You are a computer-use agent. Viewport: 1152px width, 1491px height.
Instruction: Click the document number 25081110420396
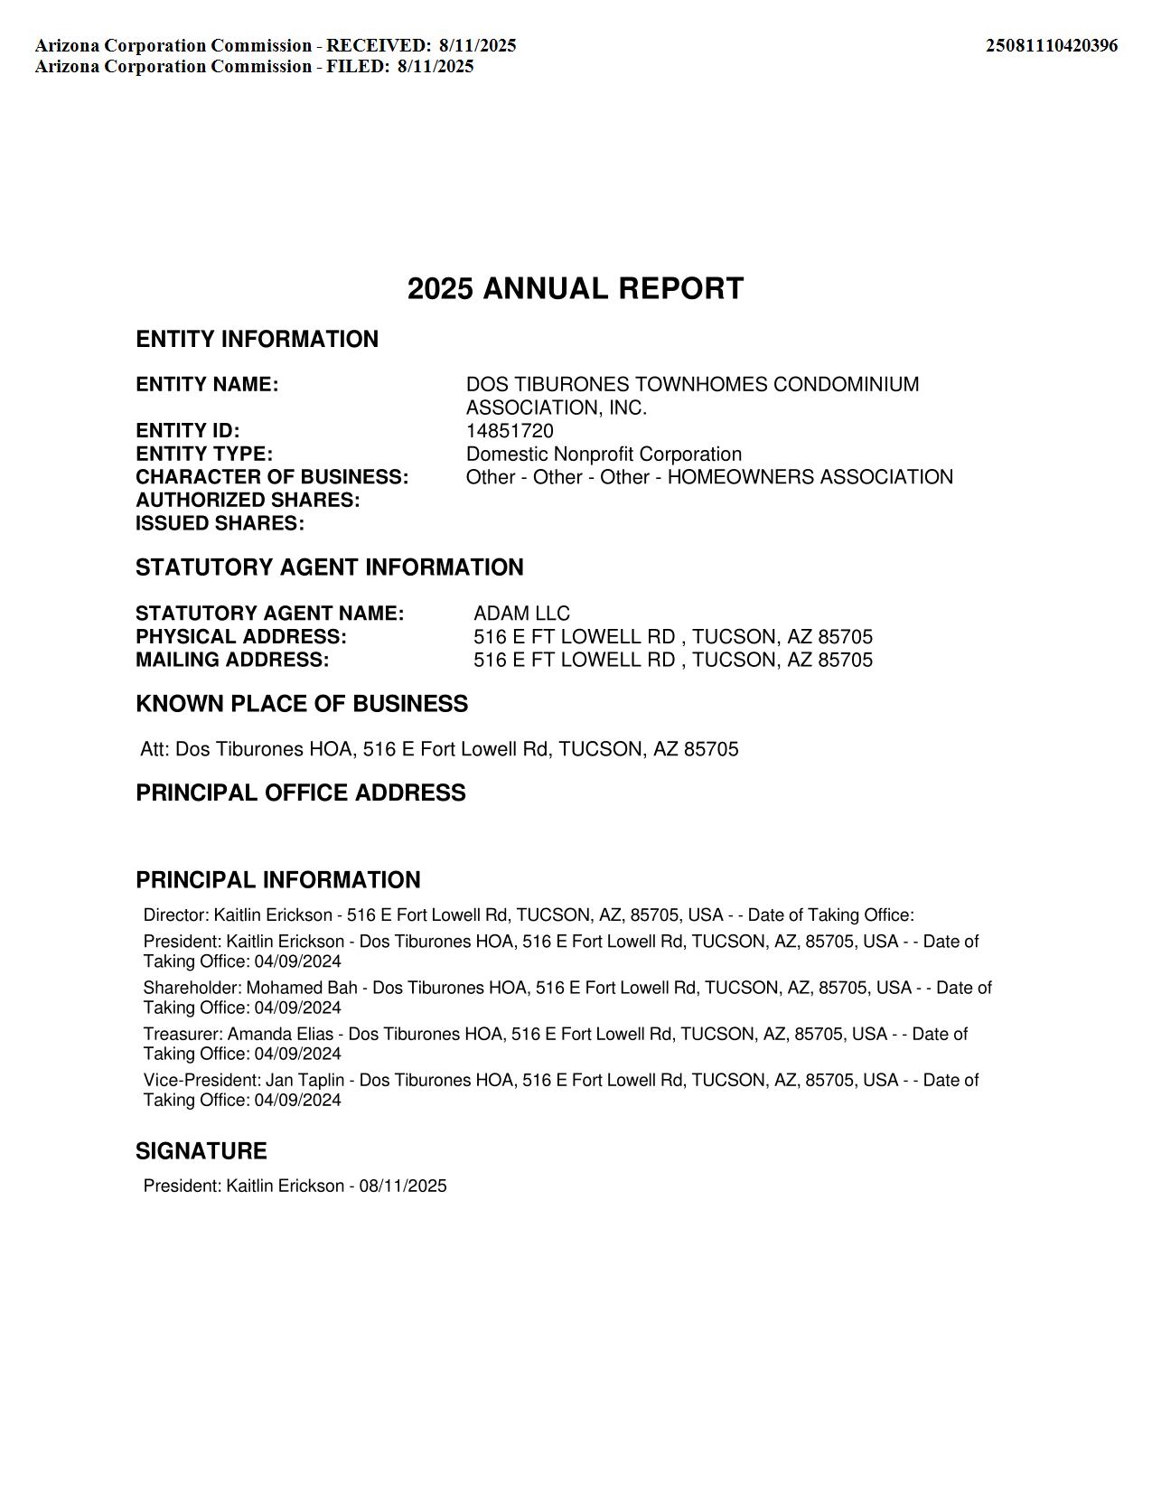pyautogui.click(x=1051, y=45)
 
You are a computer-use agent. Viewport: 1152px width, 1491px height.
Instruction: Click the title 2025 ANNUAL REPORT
pyautogui.click(x=576, y=289)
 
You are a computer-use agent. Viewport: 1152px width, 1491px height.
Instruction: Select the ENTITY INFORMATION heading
pyautogui.click(x=257, y=339)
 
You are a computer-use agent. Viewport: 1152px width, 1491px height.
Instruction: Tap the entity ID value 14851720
pyautogui.click(x=510, y=431)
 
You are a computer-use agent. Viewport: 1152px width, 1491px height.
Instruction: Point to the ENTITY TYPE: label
pyautogui.click(x=204, y=454)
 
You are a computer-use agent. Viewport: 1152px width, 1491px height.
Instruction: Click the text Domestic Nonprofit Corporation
pyautogui.click(x=604, y=454)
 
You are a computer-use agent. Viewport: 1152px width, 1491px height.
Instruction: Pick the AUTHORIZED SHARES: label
pyautogui.click(x=248, y=500)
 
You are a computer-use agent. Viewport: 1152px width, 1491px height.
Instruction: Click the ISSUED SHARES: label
pyautogui.click(x=220, y=523)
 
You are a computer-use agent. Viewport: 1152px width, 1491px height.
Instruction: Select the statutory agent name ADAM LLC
pyautogui.click(x=521, y=614)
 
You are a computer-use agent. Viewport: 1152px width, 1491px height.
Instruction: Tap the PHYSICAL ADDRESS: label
pyautogui.click(x=241, y=636)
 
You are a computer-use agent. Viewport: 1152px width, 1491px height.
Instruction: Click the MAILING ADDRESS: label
pyautogui.click(x=232, y=660)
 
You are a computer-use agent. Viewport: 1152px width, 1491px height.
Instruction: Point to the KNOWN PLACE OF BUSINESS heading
pyautogui.click(x=302, y=704)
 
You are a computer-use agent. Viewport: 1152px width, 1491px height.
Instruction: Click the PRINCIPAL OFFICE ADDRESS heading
pyautogui.click(x=301, y=792)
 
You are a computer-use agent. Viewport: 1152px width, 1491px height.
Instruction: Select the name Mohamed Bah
pyautogui.click(x=302, y=988)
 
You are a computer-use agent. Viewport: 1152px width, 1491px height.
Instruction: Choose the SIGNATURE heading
pyautogui.click(x=201, y=1151)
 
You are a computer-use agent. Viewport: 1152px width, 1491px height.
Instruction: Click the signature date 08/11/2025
pyautogui.click(x=402, y=1186)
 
